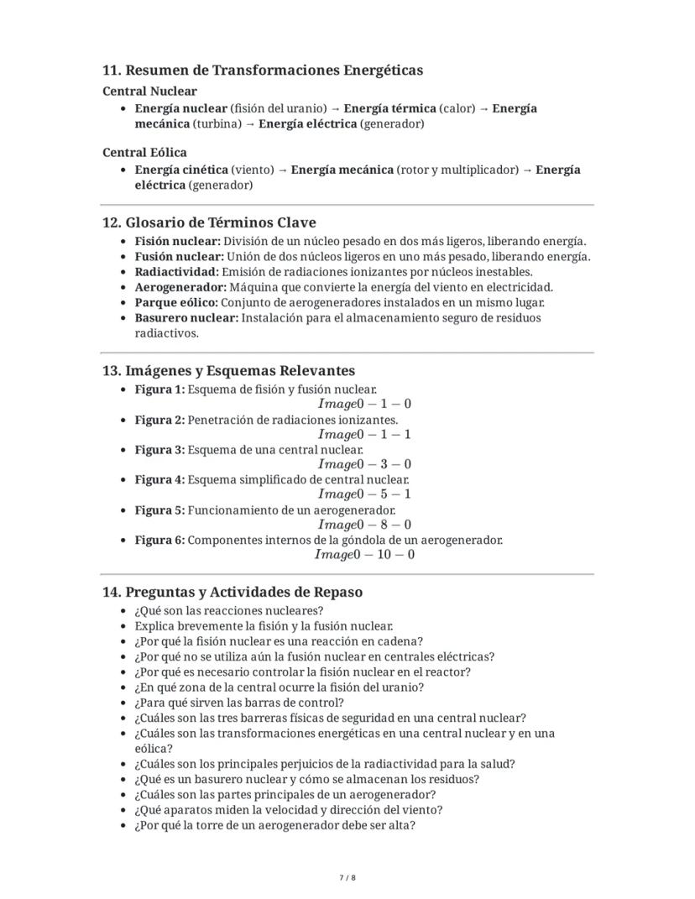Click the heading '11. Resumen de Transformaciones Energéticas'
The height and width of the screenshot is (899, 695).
point(262,70)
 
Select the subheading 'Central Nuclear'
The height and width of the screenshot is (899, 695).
point(149,91)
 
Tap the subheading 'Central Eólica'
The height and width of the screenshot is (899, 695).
point(144,152)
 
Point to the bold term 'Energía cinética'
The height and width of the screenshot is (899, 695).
point(180,170)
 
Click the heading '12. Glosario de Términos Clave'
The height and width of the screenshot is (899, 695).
point(209,222)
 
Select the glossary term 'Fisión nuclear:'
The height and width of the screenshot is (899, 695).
point(177,241)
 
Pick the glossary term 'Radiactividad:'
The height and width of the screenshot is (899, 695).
point(176,272)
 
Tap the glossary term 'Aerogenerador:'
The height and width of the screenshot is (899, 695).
point(180,287)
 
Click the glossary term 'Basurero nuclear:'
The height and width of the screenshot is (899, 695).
point(186,318)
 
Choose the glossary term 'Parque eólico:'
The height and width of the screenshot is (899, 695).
point(177,302)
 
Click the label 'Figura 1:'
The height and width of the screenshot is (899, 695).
point(159,389)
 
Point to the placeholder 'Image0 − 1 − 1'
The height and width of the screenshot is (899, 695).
point(364,434)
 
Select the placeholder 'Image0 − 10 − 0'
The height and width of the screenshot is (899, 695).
point(364,554)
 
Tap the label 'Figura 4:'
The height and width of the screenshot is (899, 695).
point(159,479)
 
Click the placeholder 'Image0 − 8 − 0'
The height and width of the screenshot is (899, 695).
point(364,525)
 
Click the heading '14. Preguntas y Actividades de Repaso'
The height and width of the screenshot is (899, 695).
point(233,592)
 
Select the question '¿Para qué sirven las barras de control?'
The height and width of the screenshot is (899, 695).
point(238,703)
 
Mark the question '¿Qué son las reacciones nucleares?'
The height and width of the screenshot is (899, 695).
point(228,610)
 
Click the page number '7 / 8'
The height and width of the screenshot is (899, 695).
point(347,878)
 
